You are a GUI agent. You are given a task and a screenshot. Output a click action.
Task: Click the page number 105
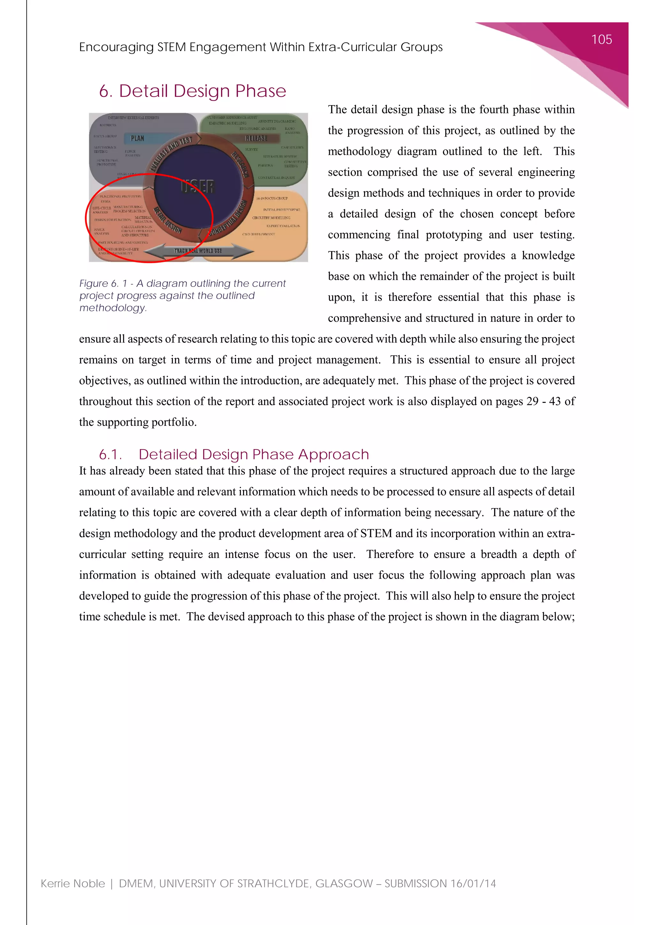click(x=601, y=40)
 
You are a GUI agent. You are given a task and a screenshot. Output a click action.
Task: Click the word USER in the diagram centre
click(x=197, y=187)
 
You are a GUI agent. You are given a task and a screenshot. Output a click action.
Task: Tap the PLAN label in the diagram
click(x=137, y=138)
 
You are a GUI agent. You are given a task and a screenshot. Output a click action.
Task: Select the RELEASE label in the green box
click(x=256, y=138)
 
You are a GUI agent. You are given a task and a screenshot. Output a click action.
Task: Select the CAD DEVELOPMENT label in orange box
click(x=259, y=234)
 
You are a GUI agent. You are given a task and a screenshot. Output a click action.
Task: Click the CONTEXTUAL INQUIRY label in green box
click(x=276, y=177)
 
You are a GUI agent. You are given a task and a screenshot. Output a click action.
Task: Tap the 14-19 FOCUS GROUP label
click(x=272, y=198)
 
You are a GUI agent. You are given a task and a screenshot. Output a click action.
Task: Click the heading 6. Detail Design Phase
click(x=193, y=91)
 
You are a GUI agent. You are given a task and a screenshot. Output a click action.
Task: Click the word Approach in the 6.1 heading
click(x=333, y=455)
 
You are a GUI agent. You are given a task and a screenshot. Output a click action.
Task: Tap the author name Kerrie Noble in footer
click(x=72, y=883)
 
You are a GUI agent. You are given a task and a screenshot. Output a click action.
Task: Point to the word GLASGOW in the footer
click(x=344, y=883)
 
